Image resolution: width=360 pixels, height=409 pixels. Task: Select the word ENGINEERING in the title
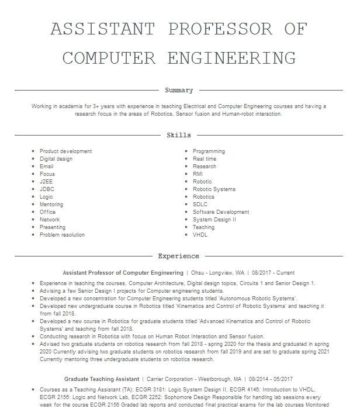(x=231, y=58)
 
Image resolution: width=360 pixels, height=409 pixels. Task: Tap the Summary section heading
(x=179, y=91)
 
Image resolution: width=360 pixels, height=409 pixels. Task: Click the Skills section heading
(x=179, y=135)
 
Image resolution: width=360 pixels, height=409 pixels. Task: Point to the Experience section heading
(x=179, y=256)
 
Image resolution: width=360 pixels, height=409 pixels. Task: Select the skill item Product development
(x=65, y=151)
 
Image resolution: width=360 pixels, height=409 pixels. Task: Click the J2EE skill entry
(x=46, y=182)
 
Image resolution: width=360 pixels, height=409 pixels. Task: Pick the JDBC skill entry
(x=47, y=189)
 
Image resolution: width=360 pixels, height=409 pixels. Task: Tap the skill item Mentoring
(x=51, y=204)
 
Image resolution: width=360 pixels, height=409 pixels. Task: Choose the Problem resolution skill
(x=62, y=235)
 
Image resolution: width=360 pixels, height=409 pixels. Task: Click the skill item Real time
(x=205, y=159)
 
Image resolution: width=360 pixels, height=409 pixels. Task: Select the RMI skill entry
(x=198, y=174)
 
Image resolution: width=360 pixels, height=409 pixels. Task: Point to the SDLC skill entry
(x=200, y=204)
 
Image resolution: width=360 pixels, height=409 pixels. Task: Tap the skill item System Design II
(x=214, y=220)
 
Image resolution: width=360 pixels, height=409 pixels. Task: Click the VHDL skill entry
(x=200, y=235)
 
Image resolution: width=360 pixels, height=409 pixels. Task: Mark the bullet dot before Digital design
(x=33, y=159)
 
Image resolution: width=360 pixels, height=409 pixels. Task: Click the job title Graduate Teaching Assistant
(x=102, y=379)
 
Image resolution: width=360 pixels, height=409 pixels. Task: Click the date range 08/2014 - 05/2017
(x=272, y=379)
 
